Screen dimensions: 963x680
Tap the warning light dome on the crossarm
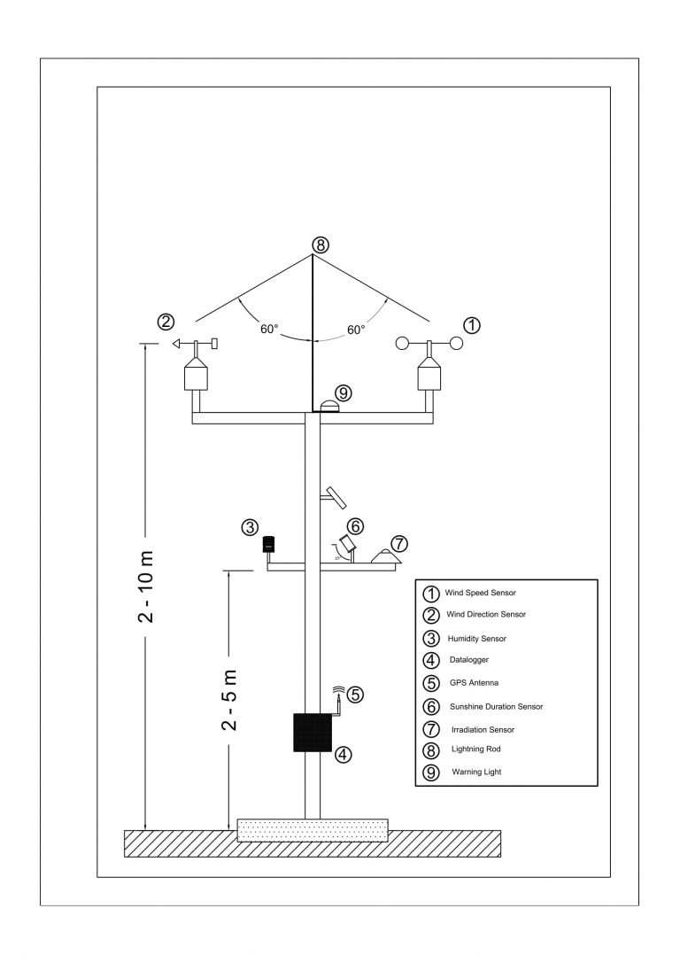329,406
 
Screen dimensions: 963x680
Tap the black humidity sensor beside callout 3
268,545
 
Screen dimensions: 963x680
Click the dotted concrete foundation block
313,829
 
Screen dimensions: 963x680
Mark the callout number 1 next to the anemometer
472,325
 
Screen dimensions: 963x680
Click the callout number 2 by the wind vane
165,322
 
